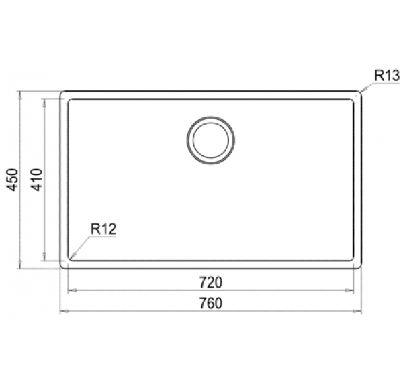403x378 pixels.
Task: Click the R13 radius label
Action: click(x=387, y=76)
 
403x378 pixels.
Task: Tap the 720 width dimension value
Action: click(x=211, y=279)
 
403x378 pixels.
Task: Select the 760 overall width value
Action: click(x=211, y=303)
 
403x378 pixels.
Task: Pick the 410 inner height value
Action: click(x=37, y=180)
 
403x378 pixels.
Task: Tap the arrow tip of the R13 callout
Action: click(x=361, y=91)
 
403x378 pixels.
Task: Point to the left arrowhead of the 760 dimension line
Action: click(x=62, y=312)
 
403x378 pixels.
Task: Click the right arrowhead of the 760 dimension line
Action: click(x=360, y=312)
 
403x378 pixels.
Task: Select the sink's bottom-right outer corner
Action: click(x=360, y=267)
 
